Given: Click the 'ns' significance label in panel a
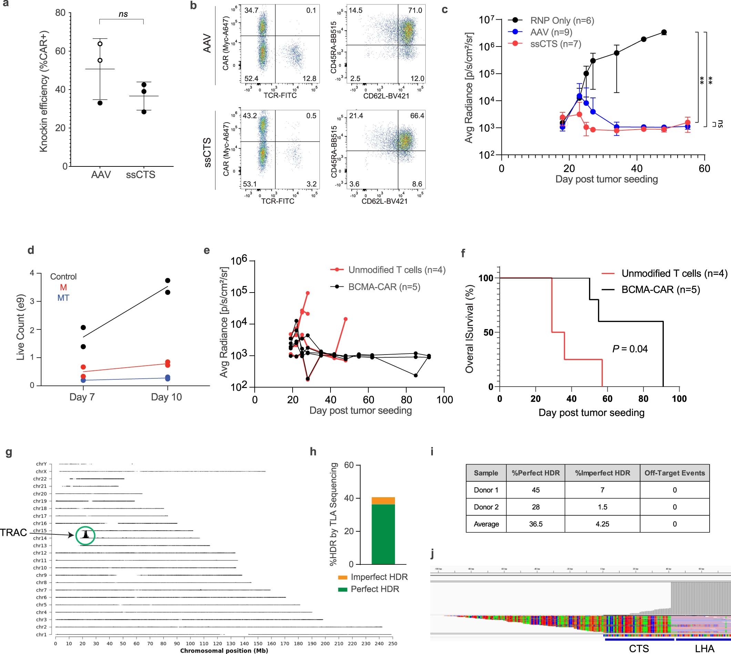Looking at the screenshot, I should pyautogui.click(x=123, y=14).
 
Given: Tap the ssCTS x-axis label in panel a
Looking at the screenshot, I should pyautogui.click(x=141, y=175).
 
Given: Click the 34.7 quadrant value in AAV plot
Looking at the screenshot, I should pyautogui.click(x=251, y=10).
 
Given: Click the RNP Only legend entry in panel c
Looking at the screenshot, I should pyautogui.click(x=562, y=20).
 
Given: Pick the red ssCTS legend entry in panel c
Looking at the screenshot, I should pyautogui.click(x=556, y=44).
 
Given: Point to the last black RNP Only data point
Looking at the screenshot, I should pyautogui.click(x=664, y=32).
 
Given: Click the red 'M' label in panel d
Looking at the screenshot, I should pyautogui.click(x=63, y=287).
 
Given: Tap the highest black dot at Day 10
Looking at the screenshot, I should pyautogui.click(x=167, y=280).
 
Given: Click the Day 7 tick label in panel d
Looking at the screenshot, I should pyautogui.click(x=82, y=397).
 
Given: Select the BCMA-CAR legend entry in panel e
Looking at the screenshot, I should pyautogui.click(x=384, y=287).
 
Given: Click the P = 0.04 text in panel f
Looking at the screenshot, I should pyautogui.click(x=630, y=349).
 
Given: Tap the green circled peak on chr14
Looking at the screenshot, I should pyautogui.click(x=85, y=535).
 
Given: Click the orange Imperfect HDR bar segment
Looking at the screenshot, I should pyautogui.click(x=383, y=501).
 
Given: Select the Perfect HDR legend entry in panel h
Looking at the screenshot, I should pyautogui.click(x=375, y=589).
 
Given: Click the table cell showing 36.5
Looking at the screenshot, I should pyautogui.click(x=536, y=524).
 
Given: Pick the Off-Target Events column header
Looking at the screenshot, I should pyautogui.click(x=674, y=473).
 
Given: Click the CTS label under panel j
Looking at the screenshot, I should pyautogui.click(x=639, y=648).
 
